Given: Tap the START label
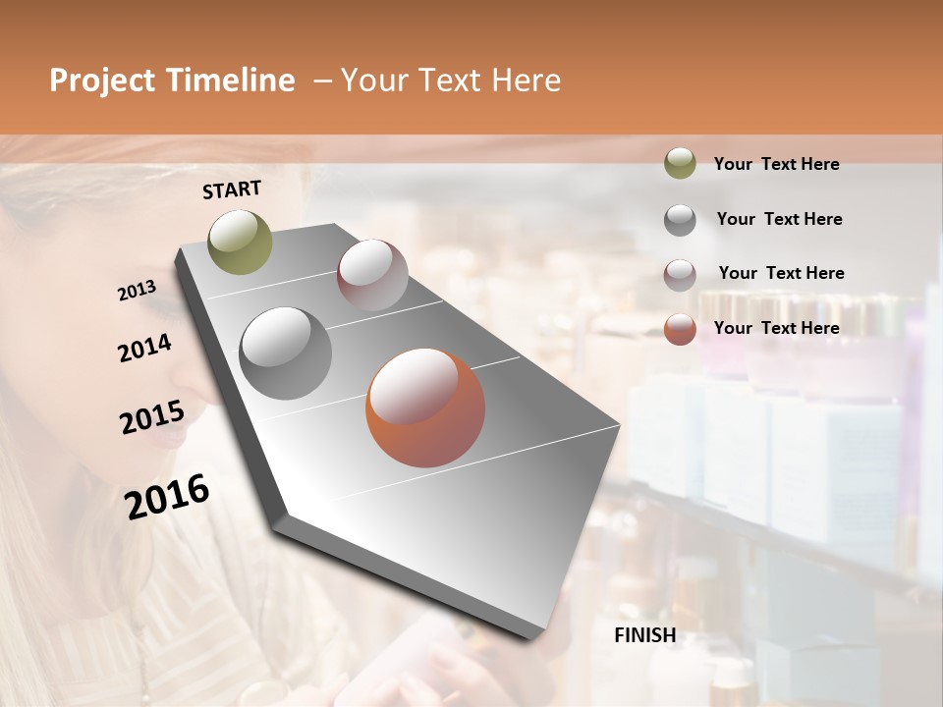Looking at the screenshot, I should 232,190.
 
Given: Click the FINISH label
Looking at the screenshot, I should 645,635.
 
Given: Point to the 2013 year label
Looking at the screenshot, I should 138,290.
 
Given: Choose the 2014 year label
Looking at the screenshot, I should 145,348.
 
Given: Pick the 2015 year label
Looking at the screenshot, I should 152,417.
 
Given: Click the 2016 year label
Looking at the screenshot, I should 167,496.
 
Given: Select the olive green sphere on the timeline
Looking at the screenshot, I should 240,242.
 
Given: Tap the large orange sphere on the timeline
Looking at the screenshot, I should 425,407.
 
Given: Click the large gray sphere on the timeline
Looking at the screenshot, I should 286,353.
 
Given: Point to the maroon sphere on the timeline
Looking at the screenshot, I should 372,275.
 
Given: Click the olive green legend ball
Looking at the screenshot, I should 680,164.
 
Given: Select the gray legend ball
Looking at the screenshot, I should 680,219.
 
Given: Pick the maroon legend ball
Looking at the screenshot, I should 680,274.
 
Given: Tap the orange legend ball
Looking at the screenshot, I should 680,329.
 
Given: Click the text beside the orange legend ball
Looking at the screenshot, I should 776,328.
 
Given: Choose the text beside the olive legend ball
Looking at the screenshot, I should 776,164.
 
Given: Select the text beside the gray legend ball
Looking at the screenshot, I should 779,219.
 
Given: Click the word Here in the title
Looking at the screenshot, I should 527,81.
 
